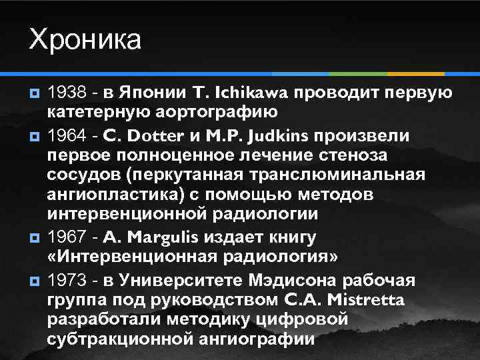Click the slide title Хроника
[x=85, y=39]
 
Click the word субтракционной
[x=121, y=338]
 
